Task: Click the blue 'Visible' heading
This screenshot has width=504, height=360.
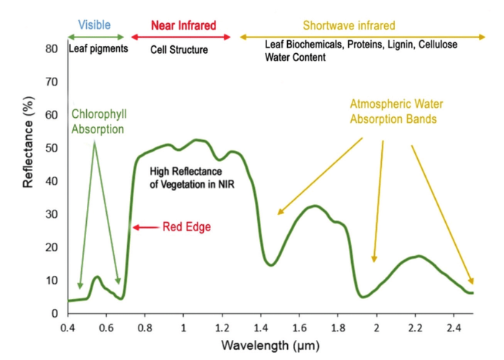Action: pos(94,25)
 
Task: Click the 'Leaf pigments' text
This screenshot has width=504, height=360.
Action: pos(98,50)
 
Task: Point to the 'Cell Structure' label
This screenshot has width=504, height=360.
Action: pos(179,50)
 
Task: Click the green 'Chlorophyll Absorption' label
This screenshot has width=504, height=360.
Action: pos(98,122)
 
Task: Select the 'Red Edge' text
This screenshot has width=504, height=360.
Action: pos(187,227)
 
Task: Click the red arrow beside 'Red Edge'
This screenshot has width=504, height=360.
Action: pos(145,227)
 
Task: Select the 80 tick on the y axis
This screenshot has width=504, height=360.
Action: pos(51,49)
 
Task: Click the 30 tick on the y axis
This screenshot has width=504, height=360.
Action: pos(52,214)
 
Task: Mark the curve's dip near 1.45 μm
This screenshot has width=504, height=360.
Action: pos(271,265)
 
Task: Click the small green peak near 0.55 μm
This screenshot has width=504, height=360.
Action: pos(97,277)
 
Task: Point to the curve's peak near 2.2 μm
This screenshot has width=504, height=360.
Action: pos(418,256)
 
